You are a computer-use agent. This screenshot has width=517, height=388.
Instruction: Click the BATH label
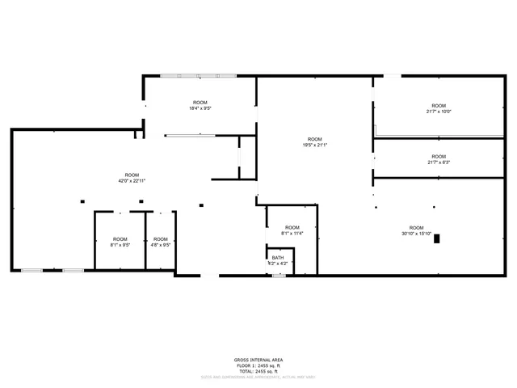point(278,258)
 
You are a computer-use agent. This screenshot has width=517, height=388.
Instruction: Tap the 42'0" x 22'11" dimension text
point(132,181)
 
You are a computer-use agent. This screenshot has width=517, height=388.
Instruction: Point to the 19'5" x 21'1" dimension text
point(315,145)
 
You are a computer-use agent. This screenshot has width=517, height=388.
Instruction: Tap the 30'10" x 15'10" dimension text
point(416,234)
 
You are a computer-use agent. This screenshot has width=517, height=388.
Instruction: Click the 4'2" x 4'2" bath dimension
point(278,264)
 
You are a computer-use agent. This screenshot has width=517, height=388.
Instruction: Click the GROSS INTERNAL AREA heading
point(258,360)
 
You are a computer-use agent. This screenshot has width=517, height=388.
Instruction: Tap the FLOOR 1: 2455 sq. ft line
point(258,365)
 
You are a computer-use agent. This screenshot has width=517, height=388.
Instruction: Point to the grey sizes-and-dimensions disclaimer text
point(258,376)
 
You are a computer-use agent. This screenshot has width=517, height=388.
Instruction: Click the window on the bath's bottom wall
point(278,276)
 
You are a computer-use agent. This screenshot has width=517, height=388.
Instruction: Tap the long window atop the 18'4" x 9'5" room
point(198,76)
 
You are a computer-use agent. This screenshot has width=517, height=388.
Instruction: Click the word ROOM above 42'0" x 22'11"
point(132,175)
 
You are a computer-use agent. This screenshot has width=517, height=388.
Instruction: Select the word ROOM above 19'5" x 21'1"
point(315,139)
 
